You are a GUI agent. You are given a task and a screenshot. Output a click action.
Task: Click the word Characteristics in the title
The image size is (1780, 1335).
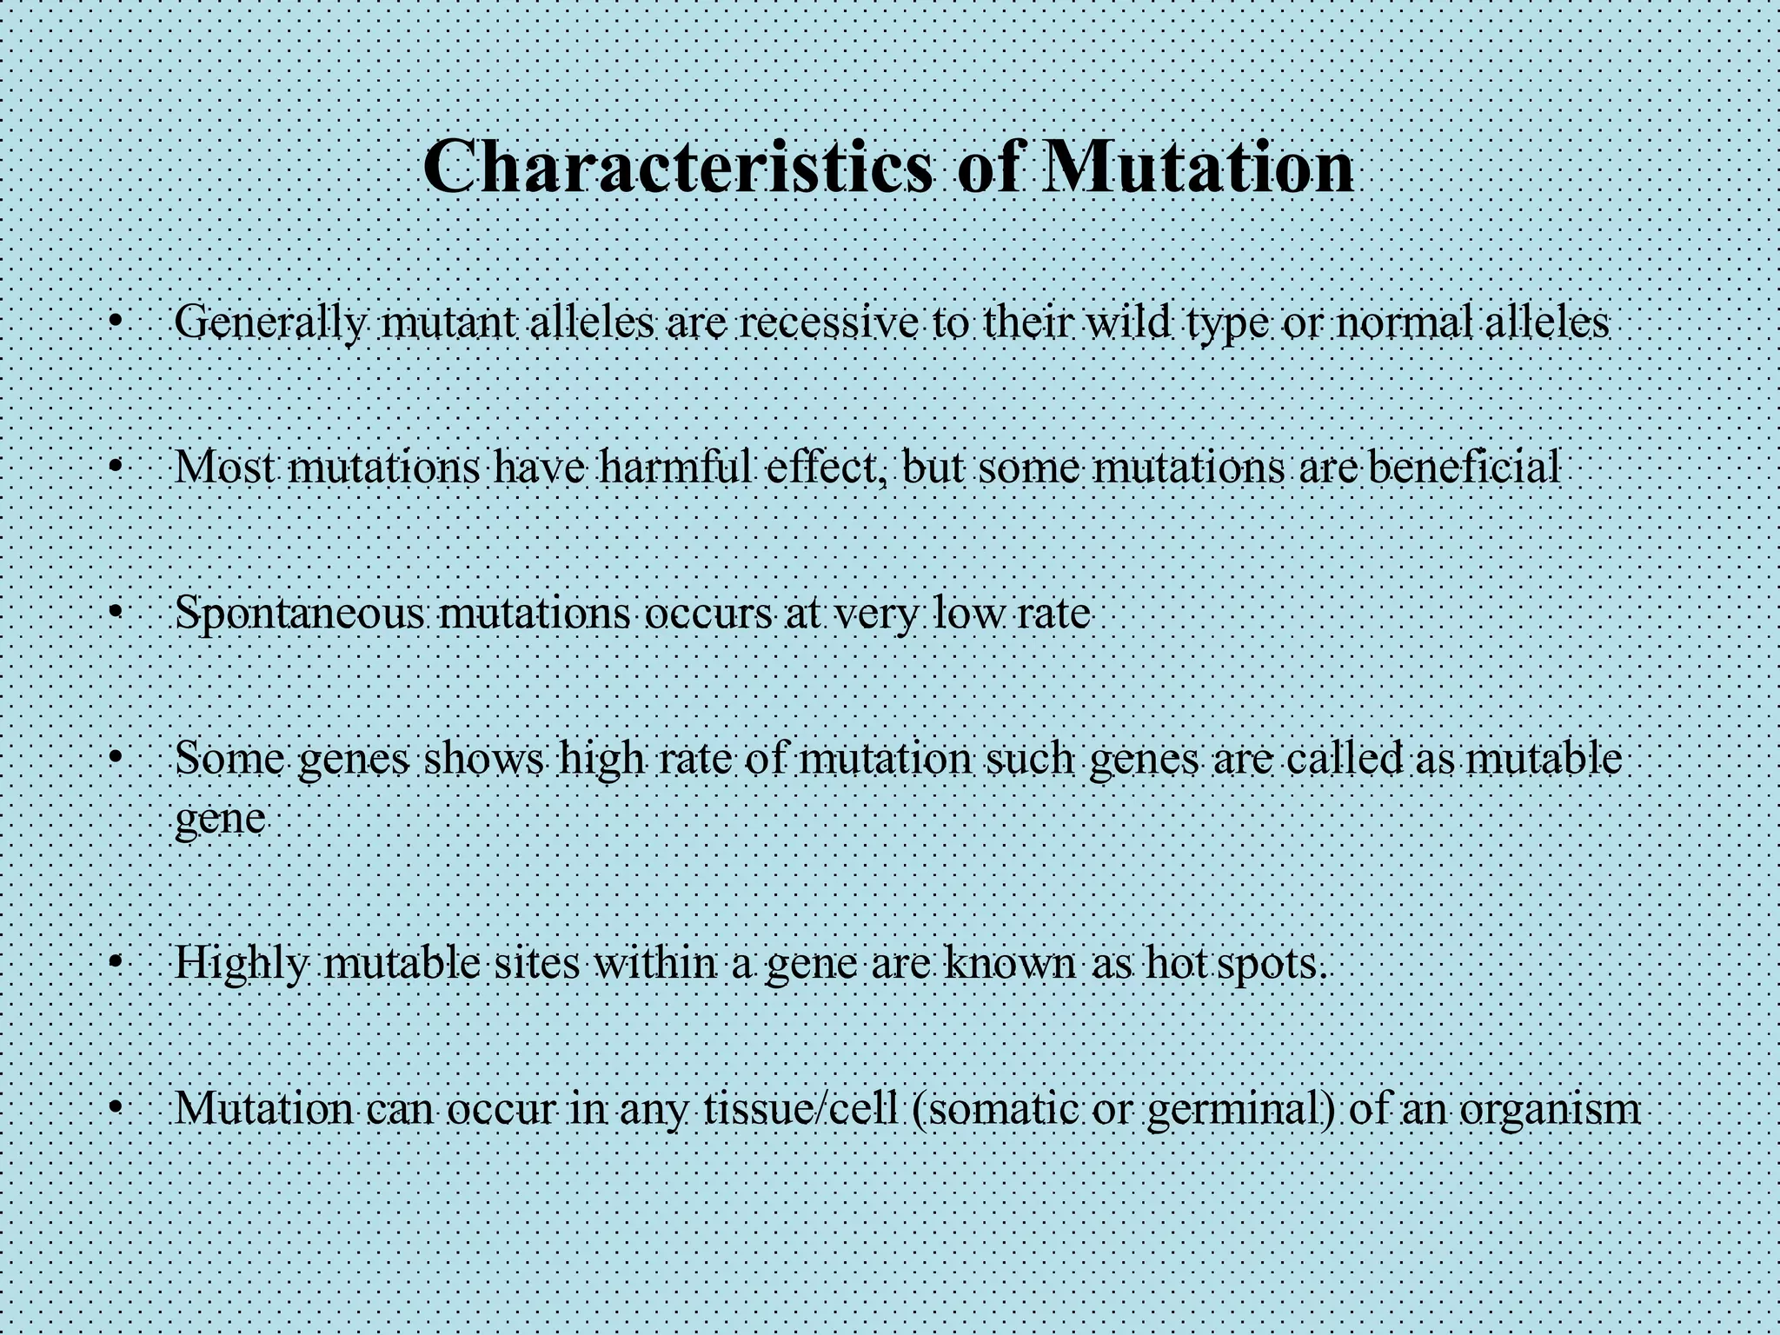(678, 167)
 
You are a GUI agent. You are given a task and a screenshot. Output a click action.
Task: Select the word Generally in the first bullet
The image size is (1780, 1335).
(270, 323)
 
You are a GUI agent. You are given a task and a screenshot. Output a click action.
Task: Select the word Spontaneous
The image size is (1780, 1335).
(300, 614)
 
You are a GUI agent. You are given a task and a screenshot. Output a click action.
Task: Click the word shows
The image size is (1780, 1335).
(483, 759)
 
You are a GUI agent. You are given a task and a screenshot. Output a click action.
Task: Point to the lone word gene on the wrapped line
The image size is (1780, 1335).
(220, 818)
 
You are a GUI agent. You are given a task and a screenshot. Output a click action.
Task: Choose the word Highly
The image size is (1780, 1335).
(242, 964)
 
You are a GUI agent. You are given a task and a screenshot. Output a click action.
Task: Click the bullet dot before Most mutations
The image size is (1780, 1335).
(114, 468)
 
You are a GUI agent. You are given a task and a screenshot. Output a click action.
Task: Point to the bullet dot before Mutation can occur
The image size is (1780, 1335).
(114, 1108)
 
